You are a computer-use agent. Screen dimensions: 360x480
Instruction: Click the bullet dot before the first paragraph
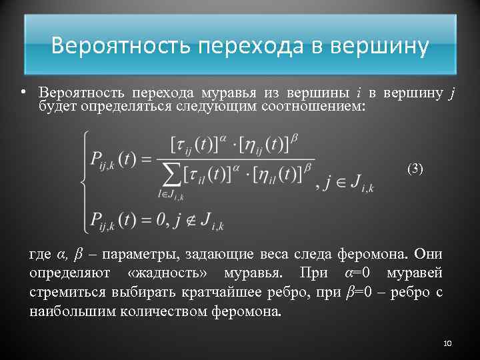[23, 91]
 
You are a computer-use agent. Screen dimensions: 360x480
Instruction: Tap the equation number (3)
[415, 169]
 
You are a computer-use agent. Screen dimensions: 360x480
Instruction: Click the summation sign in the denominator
[171, 176]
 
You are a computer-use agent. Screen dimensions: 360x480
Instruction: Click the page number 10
[447, 343]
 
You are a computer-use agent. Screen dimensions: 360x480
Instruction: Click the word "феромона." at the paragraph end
[249, 312]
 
